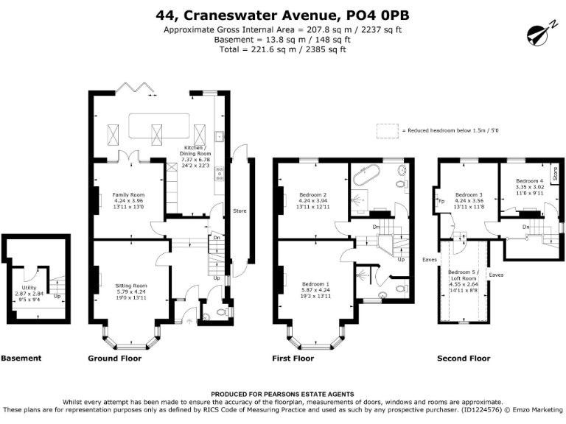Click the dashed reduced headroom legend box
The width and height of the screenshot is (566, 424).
386,130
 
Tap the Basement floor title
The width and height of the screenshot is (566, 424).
21,358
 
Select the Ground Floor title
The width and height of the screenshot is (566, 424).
114,358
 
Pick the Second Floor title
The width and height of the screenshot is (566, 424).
464,358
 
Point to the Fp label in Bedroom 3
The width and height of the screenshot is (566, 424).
441,200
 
